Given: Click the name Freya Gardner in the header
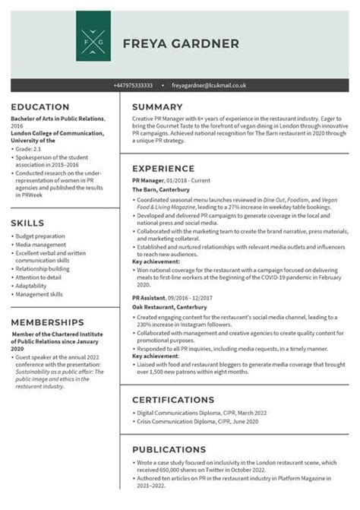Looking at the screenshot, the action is pyautogui.click(x=181, y=43).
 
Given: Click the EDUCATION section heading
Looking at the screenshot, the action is pyautogui.click(x=40, y=107).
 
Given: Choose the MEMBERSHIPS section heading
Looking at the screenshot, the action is pyautogui.click(x=47, y=322).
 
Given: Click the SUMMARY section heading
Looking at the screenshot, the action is pyautogui.click(x=157, y=107).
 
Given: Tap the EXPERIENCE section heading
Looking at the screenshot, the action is pyautogui.click(x=163, y=168).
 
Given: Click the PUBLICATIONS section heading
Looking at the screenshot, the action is pyautogui.click(x=169, y=449).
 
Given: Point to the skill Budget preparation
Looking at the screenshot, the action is pyautogui.click(x=43, y=236).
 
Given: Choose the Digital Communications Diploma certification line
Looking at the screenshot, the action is pyautogui.click(x=202, y=413).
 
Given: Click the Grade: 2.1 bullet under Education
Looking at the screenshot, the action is pyautogui.click(x=30, y=150).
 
